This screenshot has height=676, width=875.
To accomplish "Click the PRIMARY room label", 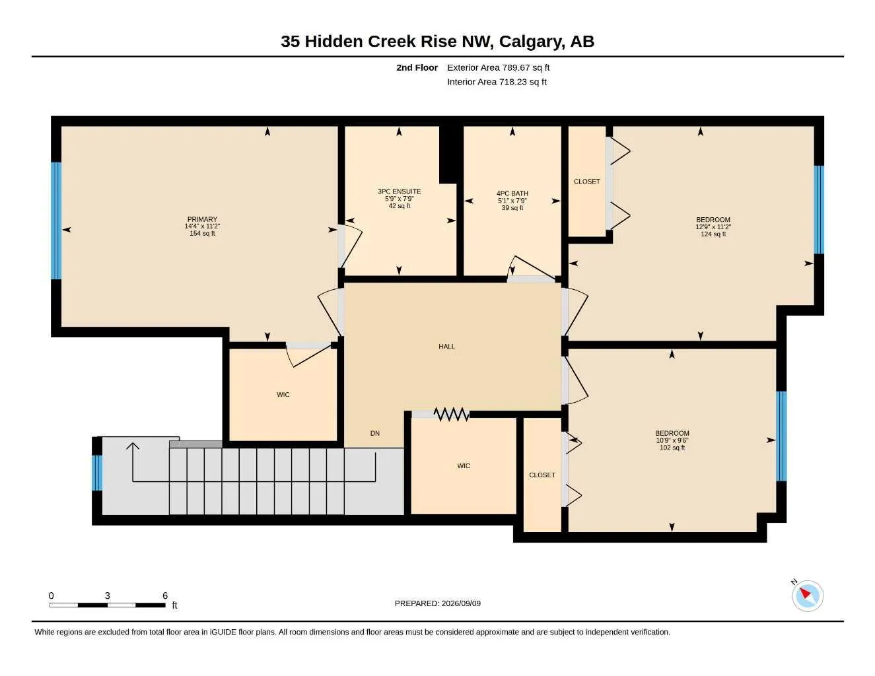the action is click(x=202, y=219).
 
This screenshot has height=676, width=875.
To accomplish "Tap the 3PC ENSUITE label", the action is click(x=399, y=191).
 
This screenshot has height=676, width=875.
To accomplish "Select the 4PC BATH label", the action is click(x=512, y=193).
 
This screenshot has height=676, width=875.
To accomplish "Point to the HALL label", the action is click(x=446, y=347).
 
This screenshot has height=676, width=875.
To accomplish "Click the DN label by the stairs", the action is click(x=375, y=433).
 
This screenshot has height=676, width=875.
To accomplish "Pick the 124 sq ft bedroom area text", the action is click(x=713, y=234).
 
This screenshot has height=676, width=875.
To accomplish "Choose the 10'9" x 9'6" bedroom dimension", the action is click(x=672, y=440).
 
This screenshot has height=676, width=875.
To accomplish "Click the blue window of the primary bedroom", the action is click(x=56, y=220).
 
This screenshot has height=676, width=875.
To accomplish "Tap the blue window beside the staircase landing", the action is click(x=97, y=473).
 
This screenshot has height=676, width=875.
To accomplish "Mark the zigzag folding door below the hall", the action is click(x=452, y=414).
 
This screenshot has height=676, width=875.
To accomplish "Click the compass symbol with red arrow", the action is click(x=808, y=596).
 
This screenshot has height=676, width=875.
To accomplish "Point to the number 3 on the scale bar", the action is click(x=108, y=595).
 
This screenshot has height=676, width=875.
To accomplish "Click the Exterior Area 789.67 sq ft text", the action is click(x=498, y=67).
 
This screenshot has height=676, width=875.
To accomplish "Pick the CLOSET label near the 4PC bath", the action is click(x=586, y=182).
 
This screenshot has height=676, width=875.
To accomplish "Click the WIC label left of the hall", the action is click(x=283, y=395).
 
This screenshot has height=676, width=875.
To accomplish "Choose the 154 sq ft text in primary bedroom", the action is click(x=202, y=234).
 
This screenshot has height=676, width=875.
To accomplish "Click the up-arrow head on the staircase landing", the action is click(x=133, y=446).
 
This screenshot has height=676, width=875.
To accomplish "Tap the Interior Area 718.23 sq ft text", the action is click(x=497, y=82).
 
